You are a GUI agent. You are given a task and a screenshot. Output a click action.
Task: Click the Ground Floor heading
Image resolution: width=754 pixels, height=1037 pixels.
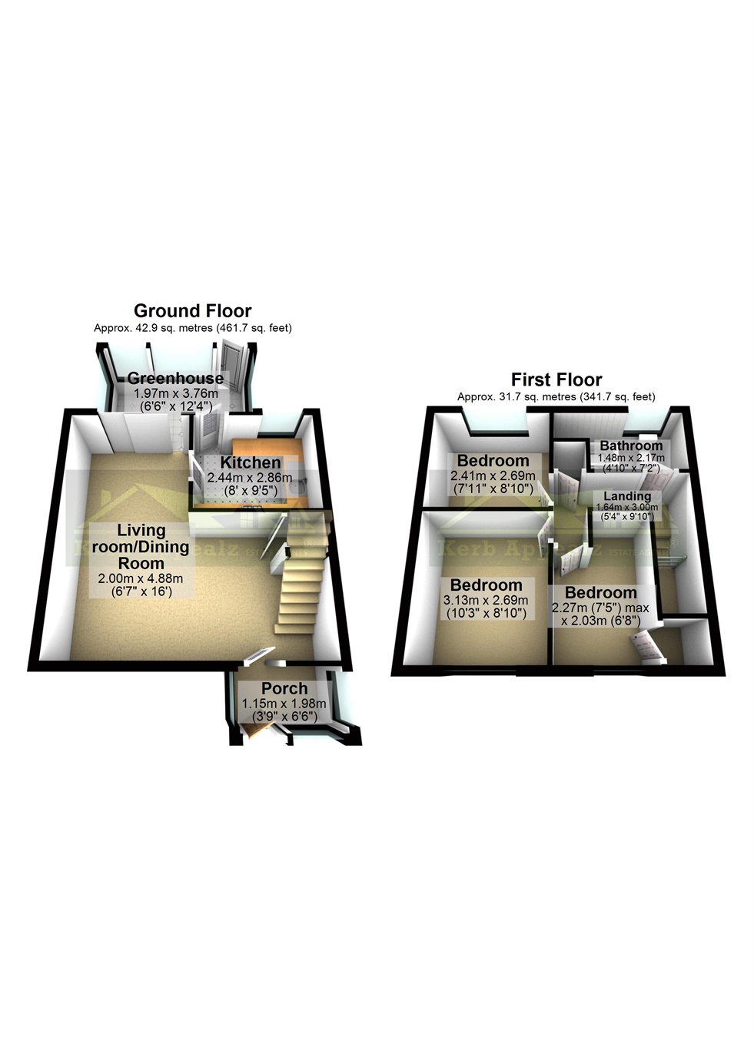pos(192,310)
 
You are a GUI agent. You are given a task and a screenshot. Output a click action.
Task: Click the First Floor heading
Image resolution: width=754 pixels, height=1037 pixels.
pos(556,379)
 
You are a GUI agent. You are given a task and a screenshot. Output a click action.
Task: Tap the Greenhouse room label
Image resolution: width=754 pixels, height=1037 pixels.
pos(176,378)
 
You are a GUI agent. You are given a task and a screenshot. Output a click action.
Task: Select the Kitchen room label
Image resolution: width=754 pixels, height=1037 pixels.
pos(251,462)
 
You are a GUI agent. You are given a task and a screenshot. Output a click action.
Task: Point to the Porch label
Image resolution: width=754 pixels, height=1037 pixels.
pos(284,688)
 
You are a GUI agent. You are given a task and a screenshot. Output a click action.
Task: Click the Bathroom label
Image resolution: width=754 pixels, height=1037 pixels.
pos(631,446)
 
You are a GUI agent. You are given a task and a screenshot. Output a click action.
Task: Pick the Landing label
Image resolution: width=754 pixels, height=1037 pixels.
pos(627,496)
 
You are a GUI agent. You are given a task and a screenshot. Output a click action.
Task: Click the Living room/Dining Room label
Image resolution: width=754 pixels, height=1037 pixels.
pos(141,547)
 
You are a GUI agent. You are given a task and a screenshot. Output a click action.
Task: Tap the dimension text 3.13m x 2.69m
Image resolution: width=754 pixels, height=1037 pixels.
pos(486,600)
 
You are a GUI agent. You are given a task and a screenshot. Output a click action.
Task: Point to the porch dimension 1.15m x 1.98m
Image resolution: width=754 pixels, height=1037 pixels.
pos(284,703)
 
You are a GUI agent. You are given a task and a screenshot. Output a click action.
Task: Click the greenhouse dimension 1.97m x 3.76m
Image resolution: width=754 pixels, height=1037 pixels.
pos(176,393)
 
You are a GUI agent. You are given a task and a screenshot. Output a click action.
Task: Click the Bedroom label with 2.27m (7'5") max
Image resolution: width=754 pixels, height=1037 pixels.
pos(600,592)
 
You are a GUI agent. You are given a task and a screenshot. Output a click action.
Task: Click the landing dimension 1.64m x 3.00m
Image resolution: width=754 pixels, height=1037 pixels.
pos(627,507)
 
